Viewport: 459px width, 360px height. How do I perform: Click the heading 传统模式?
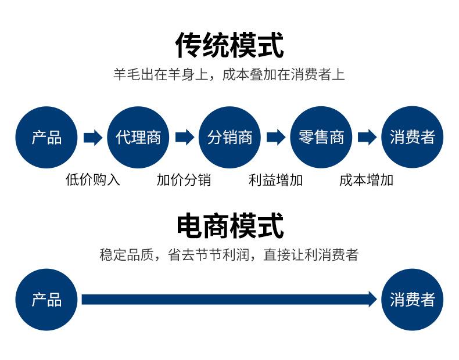(229, 45)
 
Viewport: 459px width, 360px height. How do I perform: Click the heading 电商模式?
(230, 226)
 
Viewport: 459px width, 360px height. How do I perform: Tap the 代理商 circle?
(138, 137)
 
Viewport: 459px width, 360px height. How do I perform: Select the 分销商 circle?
(230, 137)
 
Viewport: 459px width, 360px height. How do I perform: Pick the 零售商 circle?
(321, 137)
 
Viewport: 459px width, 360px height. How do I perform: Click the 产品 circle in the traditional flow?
(46, 137)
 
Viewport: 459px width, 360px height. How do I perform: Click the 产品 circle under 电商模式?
(46, 300)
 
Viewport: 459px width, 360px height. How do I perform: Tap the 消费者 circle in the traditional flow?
(412, 137)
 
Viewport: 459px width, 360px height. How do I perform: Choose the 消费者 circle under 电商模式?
(412, 300)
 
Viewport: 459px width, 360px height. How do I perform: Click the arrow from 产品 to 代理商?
(93, 137)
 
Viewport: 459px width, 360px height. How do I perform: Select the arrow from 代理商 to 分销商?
(184, 137)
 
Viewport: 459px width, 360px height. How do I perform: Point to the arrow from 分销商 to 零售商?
(276, 137)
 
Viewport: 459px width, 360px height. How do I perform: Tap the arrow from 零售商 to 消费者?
(367, 137)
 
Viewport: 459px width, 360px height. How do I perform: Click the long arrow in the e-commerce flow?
(229, 299)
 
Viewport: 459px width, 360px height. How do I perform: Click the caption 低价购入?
(93, 179)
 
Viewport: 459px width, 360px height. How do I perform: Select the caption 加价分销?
(184, 179)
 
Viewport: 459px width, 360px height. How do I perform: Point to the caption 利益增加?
(275, 179)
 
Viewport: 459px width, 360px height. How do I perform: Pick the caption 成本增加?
(366, 179)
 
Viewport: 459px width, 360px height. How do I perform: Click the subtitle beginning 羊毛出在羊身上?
(229, 74)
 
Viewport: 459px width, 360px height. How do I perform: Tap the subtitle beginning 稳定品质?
(229, 254)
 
